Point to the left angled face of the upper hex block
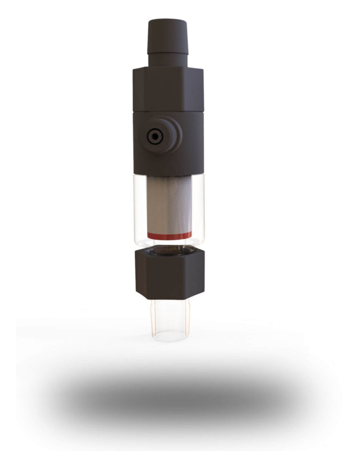(x=139, y=90)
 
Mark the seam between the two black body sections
(x=168, y=110)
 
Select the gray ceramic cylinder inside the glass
(x=170, y=203)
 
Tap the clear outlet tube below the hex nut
(x=170, y=316)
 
